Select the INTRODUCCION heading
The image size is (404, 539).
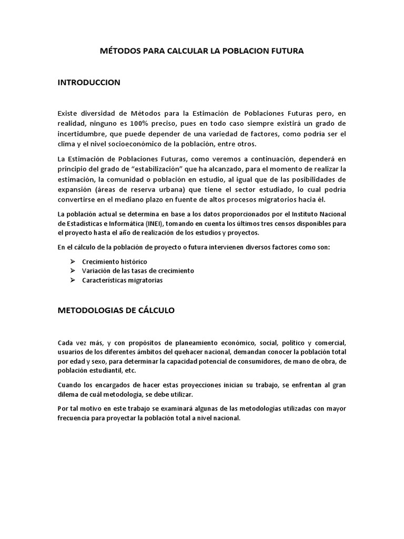tap(89, 82)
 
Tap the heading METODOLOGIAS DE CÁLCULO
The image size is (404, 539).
tap(116, 311)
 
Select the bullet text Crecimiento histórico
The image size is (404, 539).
tap(115, 262)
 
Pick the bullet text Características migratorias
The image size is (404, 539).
tap(123, 281)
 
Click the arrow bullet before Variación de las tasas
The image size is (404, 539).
tap(73, 271)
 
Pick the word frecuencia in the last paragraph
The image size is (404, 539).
tap(75, 418)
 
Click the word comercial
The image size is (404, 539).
tap(329, 342)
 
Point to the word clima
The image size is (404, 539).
tap(66, 145)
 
